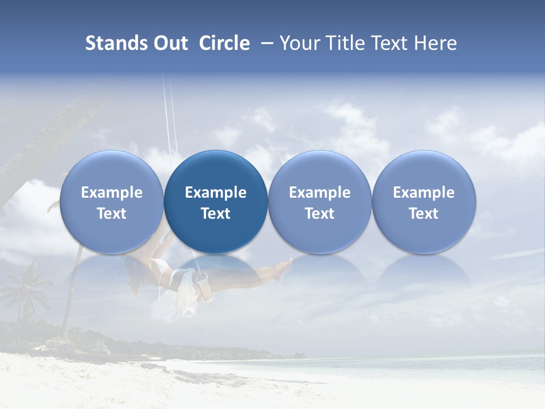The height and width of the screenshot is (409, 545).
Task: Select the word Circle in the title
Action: pos(224,43)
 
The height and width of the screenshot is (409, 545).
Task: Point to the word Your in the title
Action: pos(299,43)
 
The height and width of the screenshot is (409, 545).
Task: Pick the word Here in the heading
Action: pos(435,43)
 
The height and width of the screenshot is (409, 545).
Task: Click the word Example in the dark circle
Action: pos(216,193)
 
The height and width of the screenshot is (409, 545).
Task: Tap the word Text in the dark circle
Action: pos(216,214)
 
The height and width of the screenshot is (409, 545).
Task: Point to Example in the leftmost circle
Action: pos(111,193)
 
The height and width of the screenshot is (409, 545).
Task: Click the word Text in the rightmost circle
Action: pos(424,214)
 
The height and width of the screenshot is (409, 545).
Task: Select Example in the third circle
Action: pos(320,193)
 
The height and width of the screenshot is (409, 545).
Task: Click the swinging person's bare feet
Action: pos(283,269)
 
